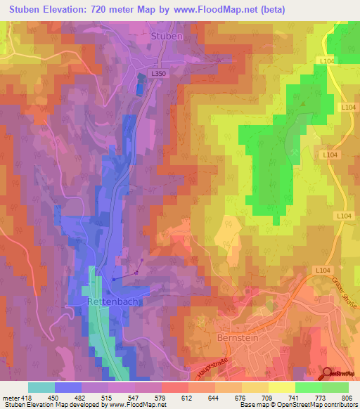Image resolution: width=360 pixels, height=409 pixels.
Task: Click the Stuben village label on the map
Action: point(167,35)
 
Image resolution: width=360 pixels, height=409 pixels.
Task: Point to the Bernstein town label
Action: point(231,339)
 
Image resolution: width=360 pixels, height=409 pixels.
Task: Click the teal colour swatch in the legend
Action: point(41,387)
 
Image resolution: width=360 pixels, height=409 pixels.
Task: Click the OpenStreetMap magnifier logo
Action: point(327,373)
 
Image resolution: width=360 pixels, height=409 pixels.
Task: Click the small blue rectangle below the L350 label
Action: point(139,89)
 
